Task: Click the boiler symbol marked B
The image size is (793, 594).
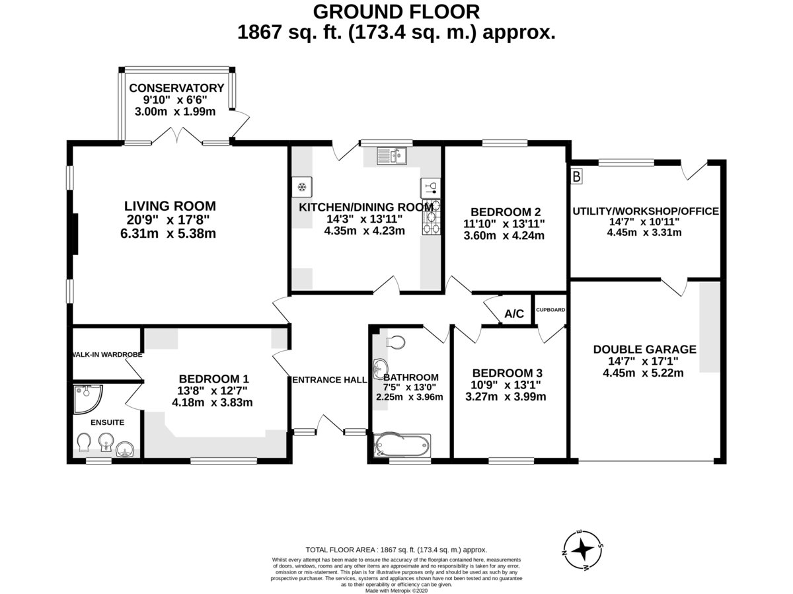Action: tap(576, 176)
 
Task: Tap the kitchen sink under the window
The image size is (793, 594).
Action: tap(392, 156)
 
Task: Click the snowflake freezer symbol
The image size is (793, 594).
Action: tap(302, 187)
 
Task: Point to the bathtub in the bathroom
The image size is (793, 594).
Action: tap(402, 445)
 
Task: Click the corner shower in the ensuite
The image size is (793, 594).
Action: tap(87, 398)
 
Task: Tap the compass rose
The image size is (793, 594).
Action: tap(582, 549)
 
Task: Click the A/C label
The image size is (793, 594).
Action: tap(513, 314)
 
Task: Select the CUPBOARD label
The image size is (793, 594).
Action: tap(550, 310)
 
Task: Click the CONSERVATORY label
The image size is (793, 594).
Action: tap(176, 88)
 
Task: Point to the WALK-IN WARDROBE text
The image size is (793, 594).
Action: tap(108, 355)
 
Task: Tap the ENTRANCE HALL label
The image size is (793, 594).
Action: tap(330, 380)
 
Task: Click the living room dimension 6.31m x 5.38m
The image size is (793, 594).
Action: tap(168, 234)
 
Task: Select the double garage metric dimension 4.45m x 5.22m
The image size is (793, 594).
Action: tap(643, 373)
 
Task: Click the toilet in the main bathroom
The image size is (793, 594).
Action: tap(395, 342)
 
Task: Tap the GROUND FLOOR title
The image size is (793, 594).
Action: tap(397, 11)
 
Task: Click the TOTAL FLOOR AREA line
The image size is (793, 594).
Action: tap(397, 550)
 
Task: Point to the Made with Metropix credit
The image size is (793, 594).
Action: tap(397, 591)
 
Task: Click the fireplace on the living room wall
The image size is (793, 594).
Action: tap(75, 235)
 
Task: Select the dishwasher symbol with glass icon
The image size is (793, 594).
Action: tap(431, 188)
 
